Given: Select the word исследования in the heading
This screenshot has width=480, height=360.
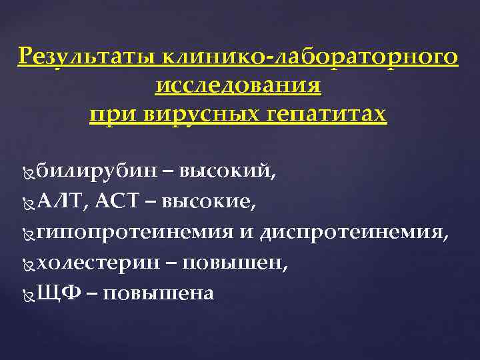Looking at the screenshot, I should pos(238,86).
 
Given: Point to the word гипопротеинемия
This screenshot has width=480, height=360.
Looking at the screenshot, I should pos(133,233).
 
